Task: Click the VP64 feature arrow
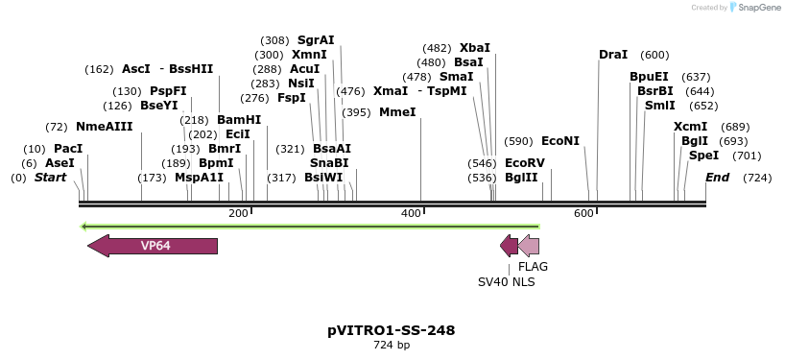[154, 246]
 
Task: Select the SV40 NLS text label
[507, 282]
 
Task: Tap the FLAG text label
[534, 267]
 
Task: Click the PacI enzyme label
[68, 149]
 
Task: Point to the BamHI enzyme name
[239, 120]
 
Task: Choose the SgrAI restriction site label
[316, 40]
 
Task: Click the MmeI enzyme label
[398, 112]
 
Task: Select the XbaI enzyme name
[475, 48]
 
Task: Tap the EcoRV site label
[525, 163]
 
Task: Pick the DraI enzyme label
[613, 55]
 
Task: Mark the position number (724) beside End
[757, 178]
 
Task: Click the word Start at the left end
[51, 178]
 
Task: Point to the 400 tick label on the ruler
[411, 213]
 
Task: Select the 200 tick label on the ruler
[238, 213]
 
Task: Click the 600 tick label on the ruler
[583, 213]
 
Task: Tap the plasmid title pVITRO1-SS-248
[392, 330]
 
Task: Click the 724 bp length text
[392, 346]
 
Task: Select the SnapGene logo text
[758, 8]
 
